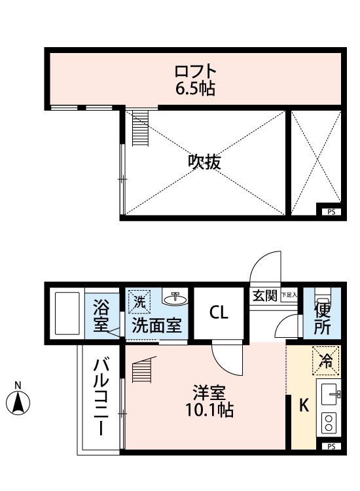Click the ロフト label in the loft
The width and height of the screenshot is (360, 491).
pyautogui.click(x=195, y=70)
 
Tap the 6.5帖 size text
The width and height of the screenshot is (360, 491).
pyautogui.click(x=195, y=88)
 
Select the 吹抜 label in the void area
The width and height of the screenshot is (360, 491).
pyautogui.click(x=204, y=162)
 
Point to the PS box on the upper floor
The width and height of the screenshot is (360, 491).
pyautogui.click(x=331, y=211)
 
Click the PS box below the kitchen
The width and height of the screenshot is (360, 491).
pyautogui.click(x=331, y=446)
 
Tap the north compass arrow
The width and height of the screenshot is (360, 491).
pyautogui.click(x=19, y=401)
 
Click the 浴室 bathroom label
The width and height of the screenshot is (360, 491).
pyautogui.click(x=101, y=315)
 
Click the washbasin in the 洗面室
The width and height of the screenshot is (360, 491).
pyautogui.click(x=174, y=299)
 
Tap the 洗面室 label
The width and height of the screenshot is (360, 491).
pyautogui.click(x=156, y=325)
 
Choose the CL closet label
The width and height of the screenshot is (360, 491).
pyautogui.click(x=219, y=313)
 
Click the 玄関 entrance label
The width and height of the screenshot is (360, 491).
pyautogui.click(x=265, y=295)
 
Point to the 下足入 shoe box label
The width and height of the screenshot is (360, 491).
pyautogui.click(x=289, y=296)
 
